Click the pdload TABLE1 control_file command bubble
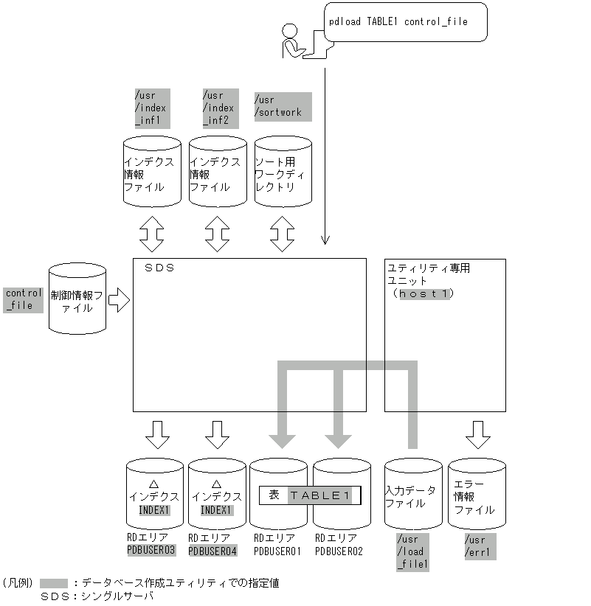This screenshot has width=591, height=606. (405, 21)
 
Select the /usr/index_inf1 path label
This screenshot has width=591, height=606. (151, 108)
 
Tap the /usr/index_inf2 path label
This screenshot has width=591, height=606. (219, 108)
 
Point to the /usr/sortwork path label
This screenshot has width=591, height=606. (278, 106)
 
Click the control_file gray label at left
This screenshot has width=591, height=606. (23, 299)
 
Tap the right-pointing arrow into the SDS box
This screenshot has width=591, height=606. (118, 299)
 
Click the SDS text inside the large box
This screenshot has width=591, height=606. (160, 268)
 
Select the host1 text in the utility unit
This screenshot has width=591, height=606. (424, 293)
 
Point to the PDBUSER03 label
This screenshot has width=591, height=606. (151, 550)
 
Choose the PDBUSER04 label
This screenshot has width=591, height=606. (212, 550)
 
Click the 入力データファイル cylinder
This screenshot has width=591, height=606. (413, 495)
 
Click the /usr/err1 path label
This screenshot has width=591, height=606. (477, 546)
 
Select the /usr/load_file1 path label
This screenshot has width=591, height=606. (413, 552)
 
